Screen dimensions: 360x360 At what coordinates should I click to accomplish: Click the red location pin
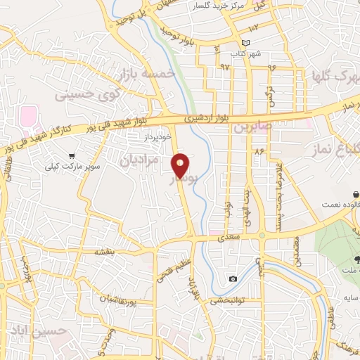point(181,165)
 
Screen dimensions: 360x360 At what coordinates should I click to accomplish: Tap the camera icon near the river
point(233,279)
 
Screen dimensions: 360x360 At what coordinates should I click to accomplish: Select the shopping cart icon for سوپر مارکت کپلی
point(72,156)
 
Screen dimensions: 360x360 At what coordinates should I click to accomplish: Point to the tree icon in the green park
point(356,259)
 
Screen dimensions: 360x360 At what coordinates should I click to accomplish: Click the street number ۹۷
point(224,66)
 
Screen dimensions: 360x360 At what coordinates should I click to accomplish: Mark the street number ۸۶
point(259,150)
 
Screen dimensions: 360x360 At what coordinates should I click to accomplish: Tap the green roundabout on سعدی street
point(262,236)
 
